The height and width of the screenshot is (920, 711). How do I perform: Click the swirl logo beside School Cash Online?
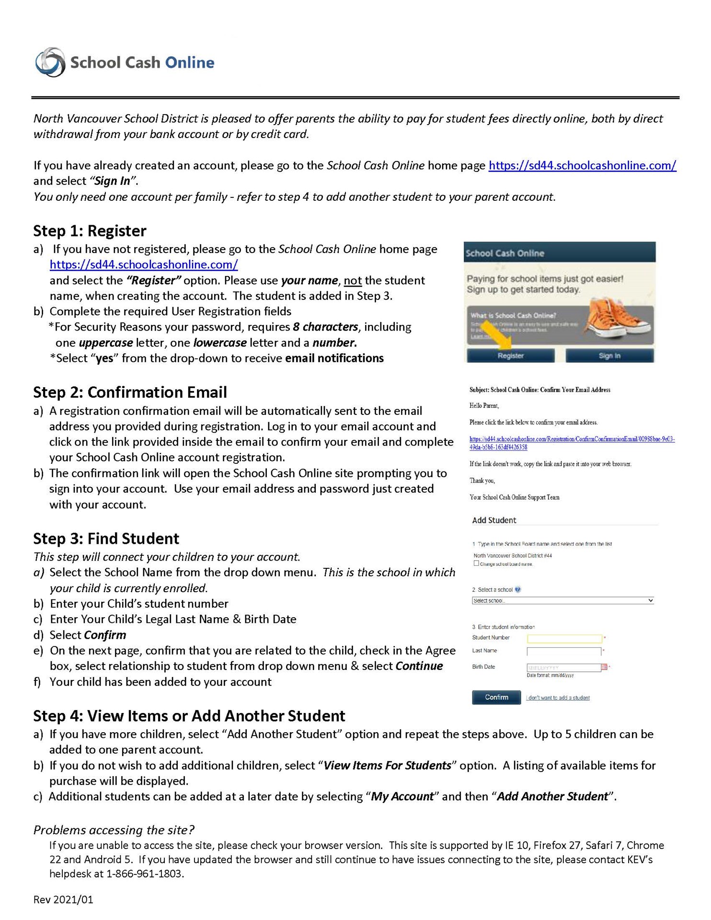click(x=50, y=62)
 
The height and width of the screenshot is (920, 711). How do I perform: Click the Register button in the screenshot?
click(x=510, y=356)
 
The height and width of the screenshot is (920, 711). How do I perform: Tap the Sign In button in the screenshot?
click(x=609, y=356)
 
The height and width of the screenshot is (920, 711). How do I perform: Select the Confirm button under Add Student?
click(x=496, y=697)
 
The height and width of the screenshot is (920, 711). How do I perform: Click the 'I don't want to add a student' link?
click(x=558, y=698)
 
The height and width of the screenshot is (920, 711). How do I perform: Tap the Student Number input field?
click(x=564, y=638)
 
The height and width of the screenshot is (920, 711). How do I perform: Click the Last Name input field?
click(x=563, y=651)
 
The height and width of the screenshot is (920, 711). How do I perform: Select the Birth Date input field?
click(x=563, y=667)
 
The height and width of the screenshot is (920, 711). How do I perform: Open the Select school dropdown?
click(x=562, y=600)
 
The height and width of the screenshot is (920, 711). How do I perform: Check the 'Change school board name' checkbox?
click(x=476, y=563)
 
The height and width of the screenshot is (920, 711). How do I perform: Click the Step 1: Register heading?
click(x=90, y=231)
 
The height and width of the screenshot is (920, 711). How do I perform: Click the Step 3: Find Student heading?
click(x=106, y=539)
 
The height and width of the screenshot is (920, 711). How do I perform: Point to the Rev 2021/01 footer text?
click(x=63, y=899)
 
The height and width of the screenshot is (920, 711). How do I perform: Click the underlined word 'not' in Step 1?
click(x=353, y=280)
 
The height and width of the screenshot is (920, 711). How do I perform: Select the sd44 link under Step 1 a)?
click(x=144, y=264)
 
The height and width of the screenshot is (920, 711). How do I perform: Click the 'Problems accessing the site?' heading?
click(x=114, y=830)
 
